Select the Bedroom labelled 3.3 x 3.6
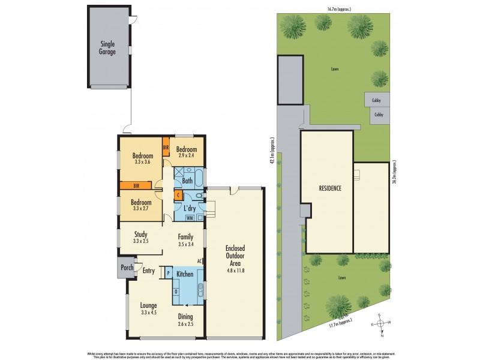[142, 159]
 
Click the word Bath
[187, 180]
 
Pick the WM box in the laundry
[181, 217]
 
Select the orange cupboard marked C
[178, 195]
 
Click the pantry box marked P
[168, 274]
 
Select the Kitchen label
[185, 274]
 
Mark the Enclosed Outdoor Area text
[235, 259]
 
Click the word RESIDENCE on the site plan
[330, 188]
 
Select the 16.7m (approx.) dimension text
[339, 9]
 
